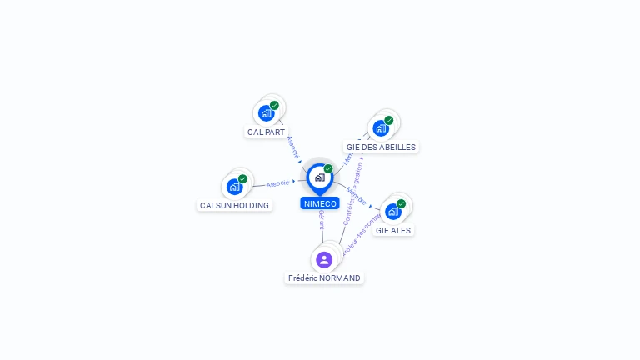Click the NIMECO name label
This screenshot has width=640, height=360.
coord(320,203)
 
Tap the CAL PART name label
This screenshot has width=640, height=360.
coord(266,132)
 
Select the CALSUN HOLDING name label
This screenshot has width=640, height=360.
coord(234,205)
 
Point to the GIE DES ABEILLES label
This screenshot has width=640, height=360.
coord(381,147)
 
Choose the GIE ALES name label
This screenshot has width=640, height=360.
coord(393,230)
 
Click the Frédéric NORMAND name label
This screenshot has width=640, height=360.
coord(324,277)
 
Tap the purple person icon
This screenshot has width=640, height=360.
coord(324,259)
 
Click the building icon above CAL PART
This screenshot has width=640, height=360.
coord(265,113)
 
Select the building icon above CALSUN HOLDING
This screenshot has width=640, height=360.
coord(234,187)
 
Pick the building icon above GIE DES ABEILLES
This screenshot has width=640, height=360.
coord(380,128)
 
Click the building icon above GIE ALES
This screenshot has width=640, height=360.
coord(392,212)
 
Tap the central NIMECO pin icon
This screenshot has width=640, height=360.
coord(319,177)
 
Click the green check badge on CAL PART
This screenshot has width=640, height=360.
coord(274,106)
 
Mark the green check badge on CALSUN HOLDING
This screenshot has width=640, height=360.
coord(242,178)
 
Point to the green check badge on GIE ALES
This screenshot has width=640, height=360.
coord(401,203)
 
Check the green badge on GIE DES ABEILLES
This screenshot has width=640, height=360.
coord(388,120)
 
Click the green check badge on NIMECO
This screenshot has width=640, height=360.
coord(328,168)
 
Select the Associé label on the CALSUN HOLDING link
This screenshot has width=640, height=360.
coord(278,182)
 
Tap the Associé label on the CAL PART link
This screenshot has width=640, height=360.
coord(292,147)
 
